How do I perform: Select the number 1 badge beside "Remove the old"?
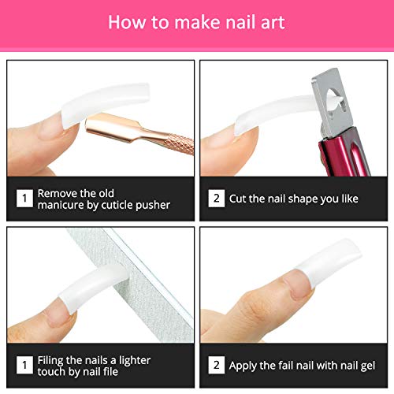24,199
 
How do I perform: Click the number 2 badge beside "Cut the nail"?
215,199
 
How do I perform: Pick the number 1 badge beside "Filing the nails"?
24,366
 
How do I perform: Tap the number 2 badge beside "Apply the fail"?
215,366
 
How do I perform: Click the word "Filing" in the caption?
54,359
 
